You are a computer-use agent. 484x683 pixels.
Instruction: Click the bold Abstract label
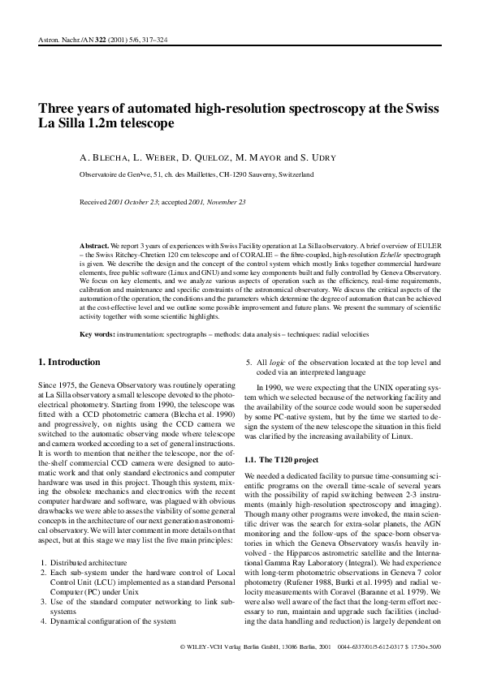coord(97,244)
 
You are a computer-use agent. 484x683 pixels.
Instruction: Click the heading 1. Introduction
coord(71,362)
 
